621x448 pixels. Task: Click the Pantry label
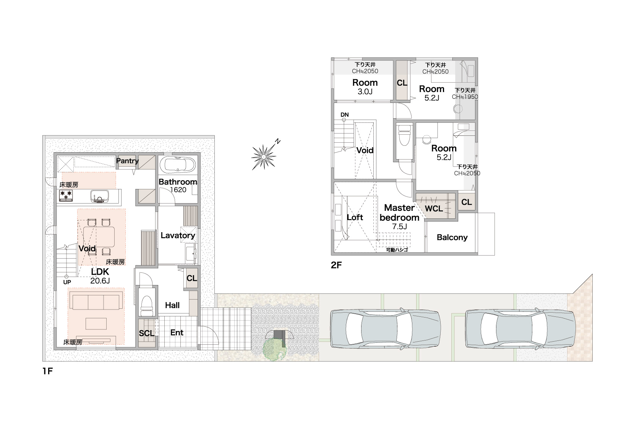127,161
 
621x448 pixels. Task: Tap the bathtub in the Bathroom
178,165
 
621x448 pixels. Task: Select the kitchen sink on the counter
99,196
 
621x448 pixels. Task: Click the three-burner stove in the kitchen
66,195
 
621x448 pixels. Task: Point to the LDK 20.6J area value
100,281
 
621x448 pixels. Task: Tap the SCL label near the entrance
147,333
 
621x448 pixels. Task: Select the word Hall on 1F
172,305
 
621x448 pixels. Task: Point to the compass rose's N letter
277,141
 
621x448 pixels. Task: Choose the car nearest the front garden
385,329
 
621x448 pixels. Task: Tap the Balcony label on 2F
452,237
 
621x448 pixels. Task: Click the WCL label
434,209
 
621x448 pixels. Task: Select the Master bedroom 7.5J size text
399,226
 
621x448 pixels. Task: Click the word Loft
355,217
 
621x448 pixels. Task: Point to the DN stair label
345,115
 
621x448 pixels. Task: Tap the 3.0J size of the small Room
365,91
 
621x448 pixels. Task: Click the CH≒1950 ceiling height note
465,97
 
